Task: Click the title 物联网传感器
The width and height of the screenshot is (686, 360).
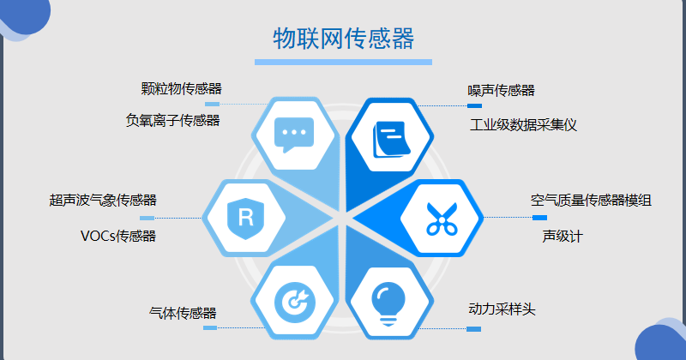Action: click(x=344, y=39)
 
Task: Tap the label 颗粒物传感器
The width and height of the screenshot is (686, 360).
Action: click(x=181, y=89)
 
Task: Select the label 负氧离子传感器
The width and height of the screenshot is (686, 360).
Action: click(x=173, y=120)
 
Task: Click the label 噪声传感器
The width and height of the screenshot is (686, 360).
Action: click(x=502, y=91)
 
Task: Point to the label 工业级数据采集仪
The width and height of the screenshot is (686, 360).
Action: click(x=523, y=125)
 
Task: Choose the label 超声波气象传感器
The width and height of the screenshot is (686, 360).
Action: click(x=103, y=201)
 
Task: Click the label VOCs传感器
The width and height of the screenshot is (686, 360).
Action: click(x=118, y=237)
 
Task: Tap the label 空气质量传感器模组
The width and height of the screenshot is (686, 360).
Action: click(x=591, y=201)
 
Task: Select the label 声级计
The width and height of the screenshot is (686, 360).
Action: click(x=563, y=237)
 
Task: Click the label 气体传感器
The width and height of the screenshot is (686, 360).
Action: click(x=183, y=313)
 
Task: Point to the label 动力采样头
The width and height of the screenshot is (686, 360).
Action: click(x=502, y=309)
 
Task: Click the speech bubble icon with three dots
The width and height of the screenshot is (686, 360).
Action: click(x=294, y=135)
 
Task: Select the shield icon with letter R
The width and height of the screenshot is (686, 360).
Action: click(x=246, y=219)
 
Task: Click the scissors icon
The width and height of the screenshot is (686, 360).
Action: click(x=442, y=219)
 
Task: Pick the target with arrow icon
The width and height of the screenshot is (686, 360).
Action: click(x=294, y=302)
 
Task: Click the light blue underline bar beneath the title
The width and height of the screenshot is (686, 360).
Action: click(x=344, y=62)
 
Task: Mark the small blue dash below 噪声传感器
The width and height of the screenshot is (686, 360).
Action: click(x=475, y=105)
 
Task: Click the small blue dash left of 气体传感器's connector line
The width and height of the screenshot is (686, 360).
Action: click(x=210, y=327)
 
